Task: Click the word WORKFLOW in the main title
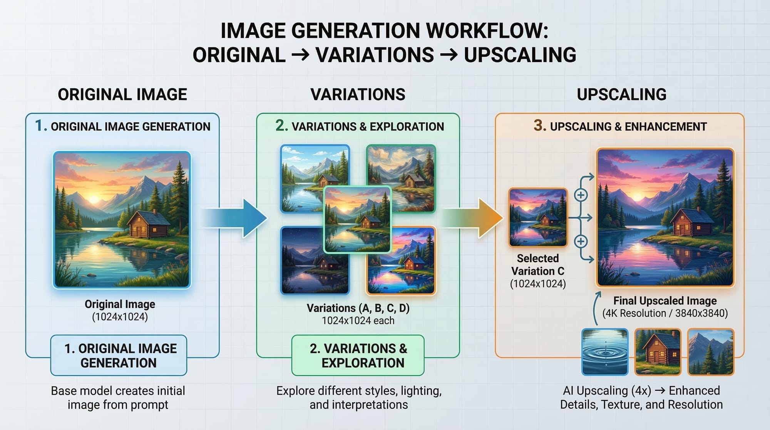click(x=484, y=30)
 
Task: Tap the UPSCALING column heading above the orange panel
click(x=621, y=94)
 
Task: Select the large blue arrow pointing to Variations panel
click(x=235, y=218)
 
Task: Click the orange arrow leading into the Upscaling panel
click(x=473, y=218)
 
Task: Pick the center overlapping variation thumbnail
click(x=358, y=219)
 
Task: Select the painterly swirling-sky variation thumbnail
click(x=401, y=178)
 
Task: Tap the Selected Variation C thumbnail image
click(x=538, y=217)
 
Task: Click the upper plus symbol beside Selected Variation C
click(x=581, y=195)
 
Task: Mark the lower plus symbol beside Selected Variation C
click(x=581, y=242)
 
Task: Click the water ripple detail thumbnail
click(x=605, y=352)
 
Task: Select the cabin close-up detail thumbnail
click(x=658, y=352)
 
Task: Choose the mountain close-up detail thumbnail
click(x=711, y=352)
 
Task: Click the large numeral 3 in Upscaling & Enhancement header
click(x=540, y=125)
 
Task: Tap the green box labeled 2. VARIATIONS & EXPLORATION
click(x=358, y=355)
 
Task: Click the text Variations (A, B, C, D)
click(x=358, y=308)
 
